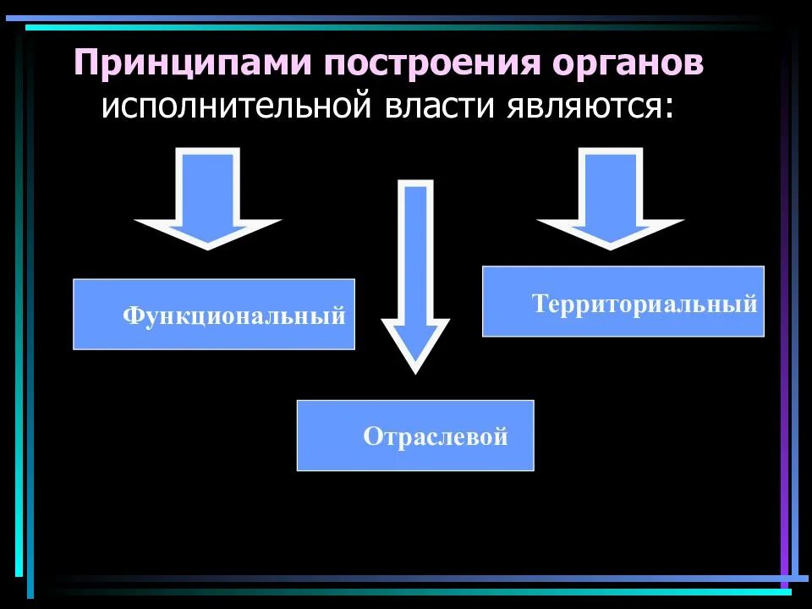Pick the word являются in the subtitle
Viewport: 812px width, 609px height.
[x=584, y=107]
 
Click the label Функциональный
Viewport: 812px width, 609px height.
[x=234, y=316]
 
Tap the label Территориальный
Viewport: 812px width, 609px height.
[x=645, y=304]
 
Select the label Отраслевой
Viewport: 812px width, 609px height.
[x=436, y=437]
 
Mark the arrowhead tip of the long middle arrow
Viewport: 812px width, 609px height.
[x=414, y=369]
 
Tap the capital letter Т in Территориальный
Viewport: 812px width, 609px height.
[x=539, y=304]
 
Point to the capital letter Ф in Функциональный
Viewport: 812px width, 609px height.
[x=130, y=316]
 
